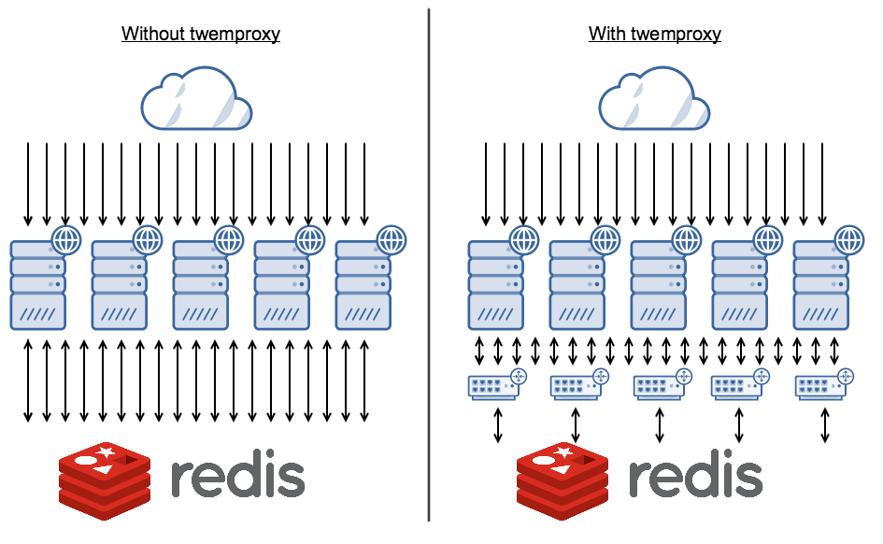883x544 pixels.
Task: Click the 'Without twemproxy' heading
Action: tap(201, 35)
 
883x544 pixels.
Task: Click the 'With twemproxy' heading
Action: tap(654, 35)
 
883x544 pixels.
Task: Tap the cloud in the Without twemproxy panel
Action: tap(196, 99)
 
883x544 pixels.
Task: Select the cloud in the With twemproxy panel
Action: tap(654, 99)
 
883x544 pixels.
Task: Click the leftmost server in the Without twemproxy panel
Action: tap(38, 285)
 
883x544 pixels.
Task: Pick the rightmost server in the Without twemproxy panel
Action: tap(363, 285)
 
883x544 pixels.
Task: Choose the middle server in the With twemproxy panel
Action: tap(659, 285)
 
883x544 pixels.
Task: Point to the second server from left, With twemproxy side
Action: tap(577, 285)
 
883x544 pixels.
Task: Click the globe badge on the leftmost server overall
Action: tap(65, 239)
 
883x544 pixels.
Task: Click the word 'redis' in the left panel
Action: tap(237, 477)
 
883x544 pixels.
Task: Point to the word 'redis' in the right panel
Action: tap(695, 477)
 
